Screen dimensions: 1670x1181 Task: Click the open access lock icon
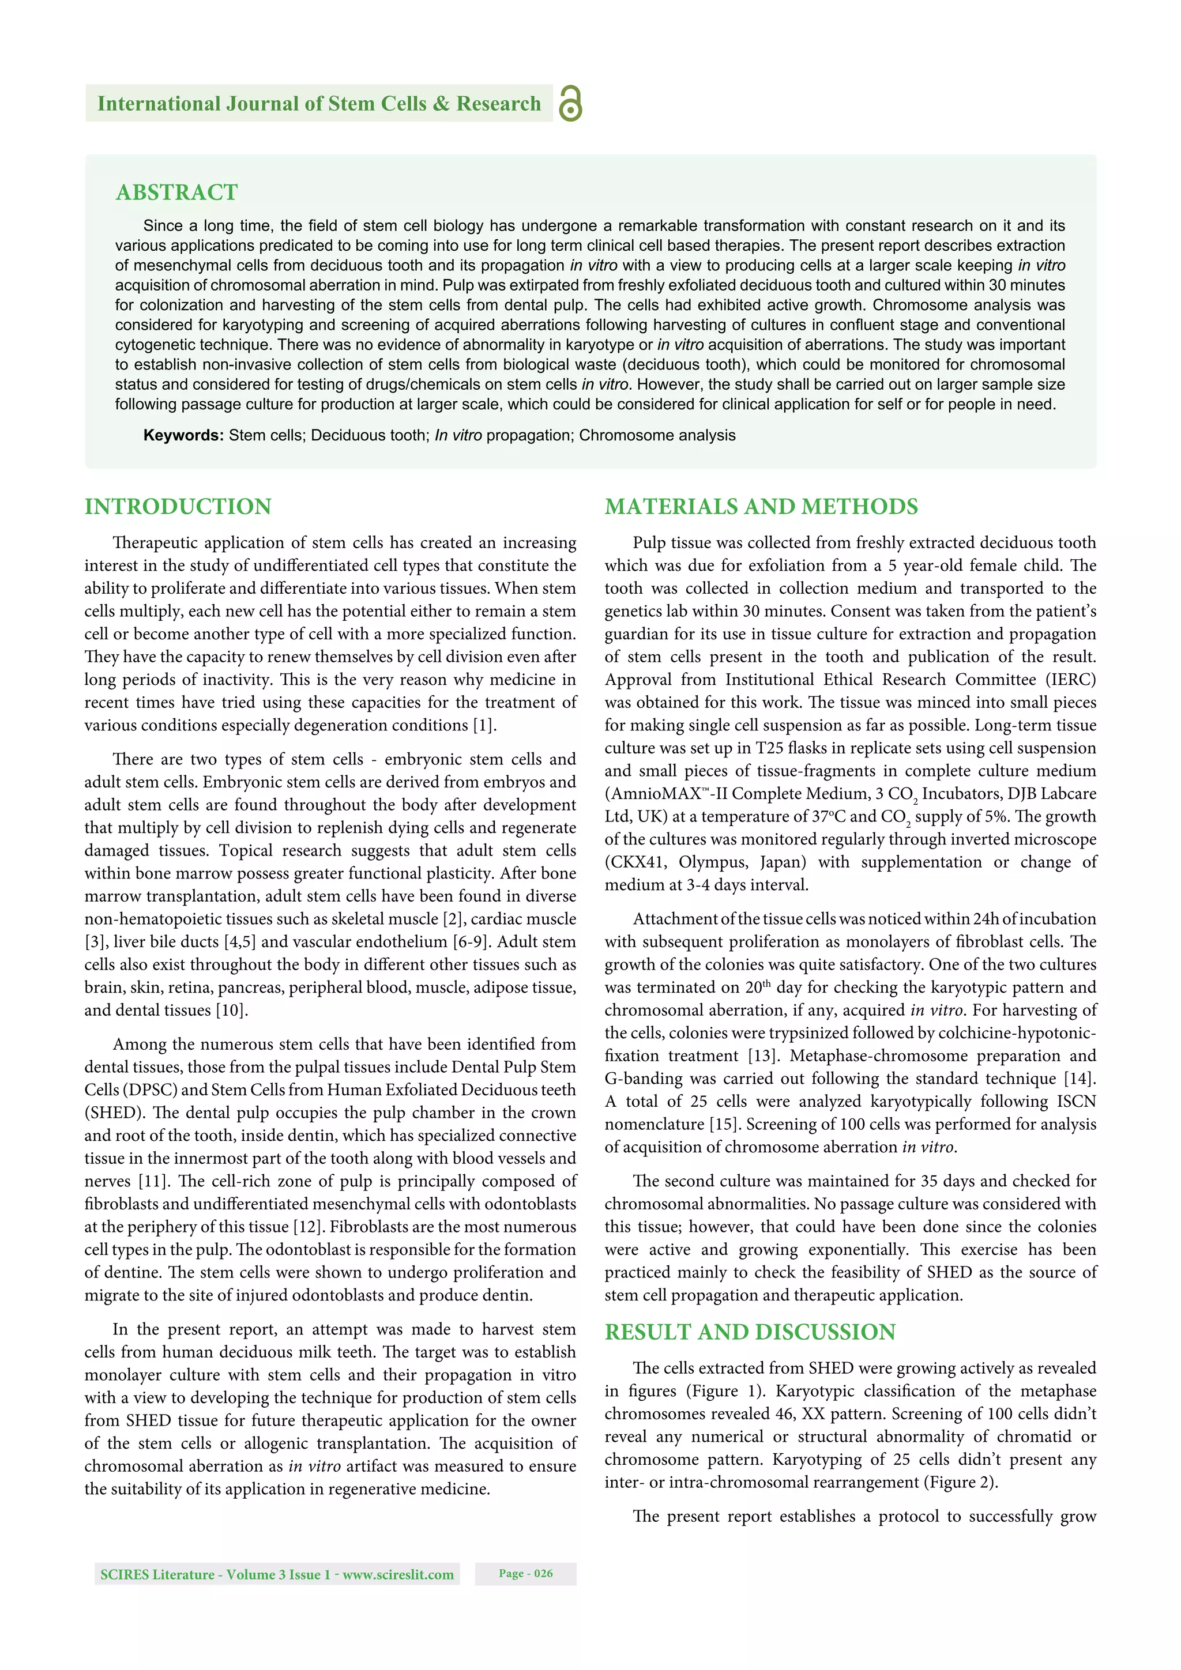point(570,103)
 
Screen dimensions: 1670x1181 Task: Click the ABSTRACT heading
point(177,192)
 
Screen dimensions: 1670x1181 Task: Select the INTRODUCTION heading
point(178,506)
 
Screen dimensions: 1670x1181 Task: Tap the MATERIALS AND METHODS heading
point(761,506)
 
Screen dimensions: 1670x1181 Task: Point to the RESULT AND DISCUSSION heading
point(750,1332)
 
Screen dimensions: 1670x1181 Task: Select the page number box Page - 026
point(525,1573)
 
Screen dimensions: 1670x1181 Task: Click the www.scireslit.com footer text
point(398,1575)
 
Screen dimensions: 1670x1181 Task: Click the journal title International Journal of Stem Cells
point(319,103)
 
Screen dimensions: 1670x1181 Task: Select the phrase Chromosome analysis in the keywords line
point(657,435)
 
